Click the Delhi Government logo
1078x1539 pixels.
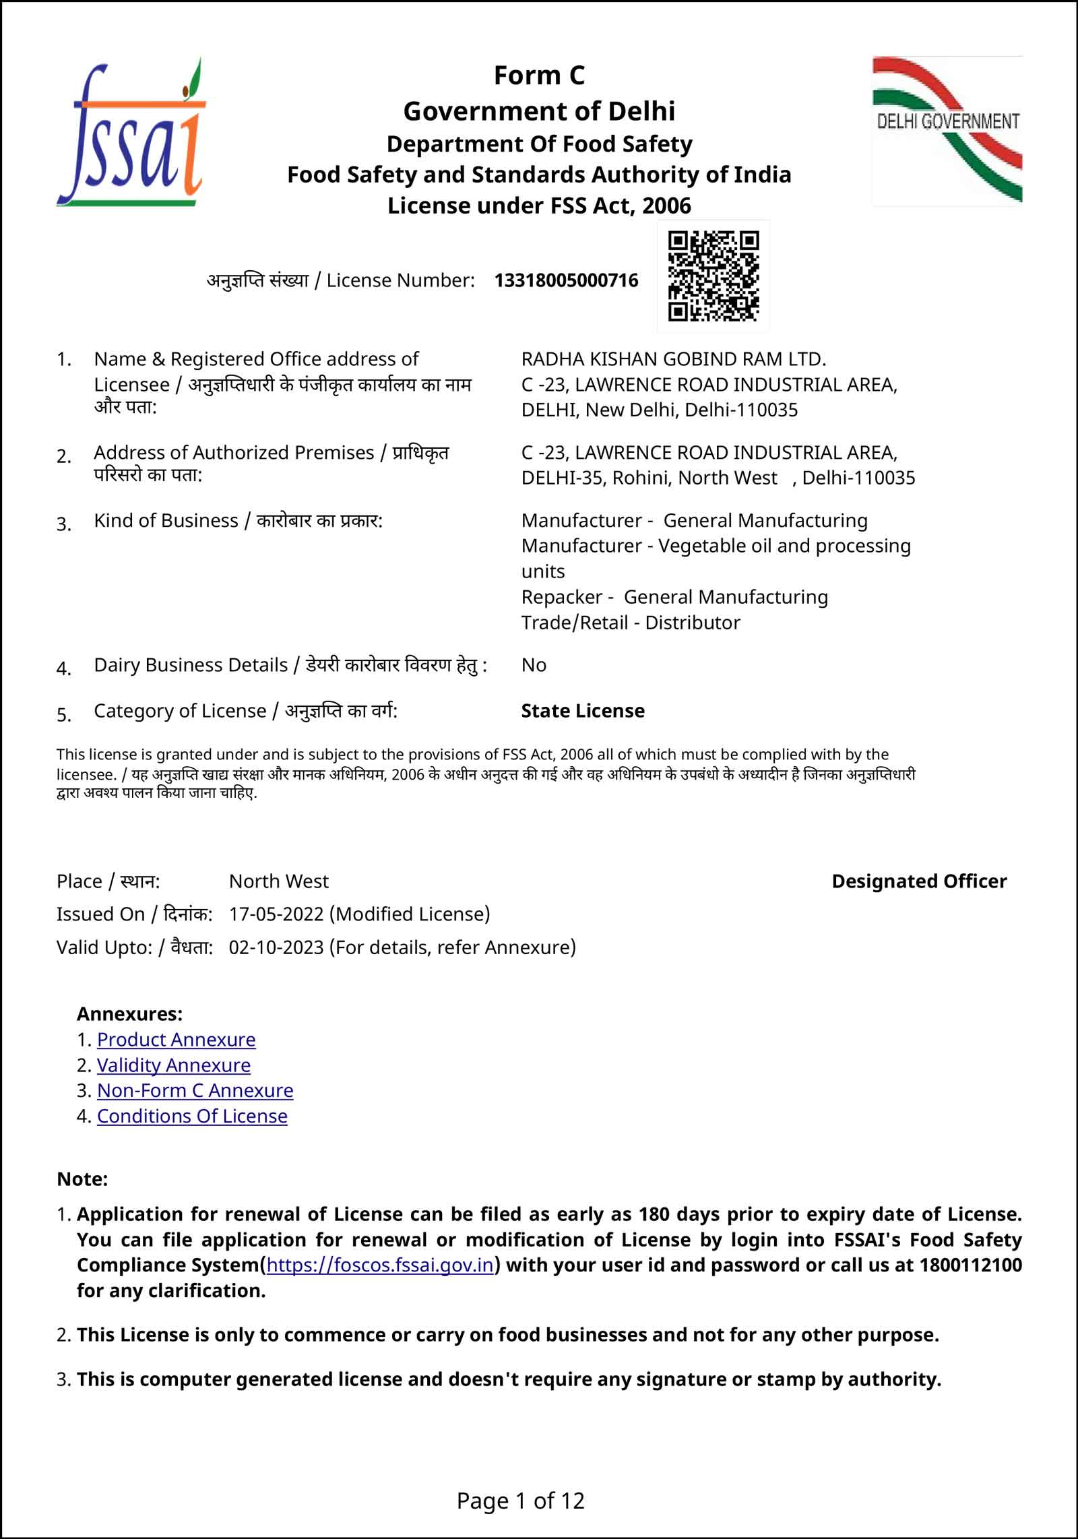click(947, 131)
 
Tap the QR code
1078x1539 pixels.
click(713, 276)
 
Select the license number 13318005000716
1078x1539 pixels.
click(566, 280)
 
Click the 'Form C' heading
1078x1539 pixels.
click(539, 75)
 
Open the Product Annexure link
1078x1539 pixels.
click(176, 1040)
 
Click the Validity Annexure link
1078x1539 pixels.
click(173, 1065)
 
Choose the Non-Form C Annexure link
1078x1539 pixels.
click(195, 1091)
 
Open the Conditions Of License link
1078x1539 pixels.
click(192, 1117)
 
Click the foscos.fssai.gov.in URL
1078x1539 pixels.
click(380, 1265)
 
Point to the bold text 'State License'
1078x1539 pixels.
click(583, 711)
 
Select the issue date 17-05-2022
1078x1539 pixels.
click(277, 914)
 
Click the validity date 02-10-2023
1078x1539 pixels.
click(277, 947)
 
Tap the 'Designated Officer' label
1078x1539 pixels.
click(919, 881)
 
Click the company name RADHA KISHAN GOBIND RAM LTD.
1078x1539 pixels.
click(673, 359)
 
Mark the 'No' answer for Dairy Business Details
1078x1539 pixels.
click(534, 665)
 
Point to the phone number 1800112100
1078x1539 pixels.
click(970, 1265)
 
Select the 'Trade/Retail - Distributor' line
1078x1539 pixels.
click(630, 623)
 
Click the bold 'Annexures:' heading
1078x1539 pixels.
click(129, 1014)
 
